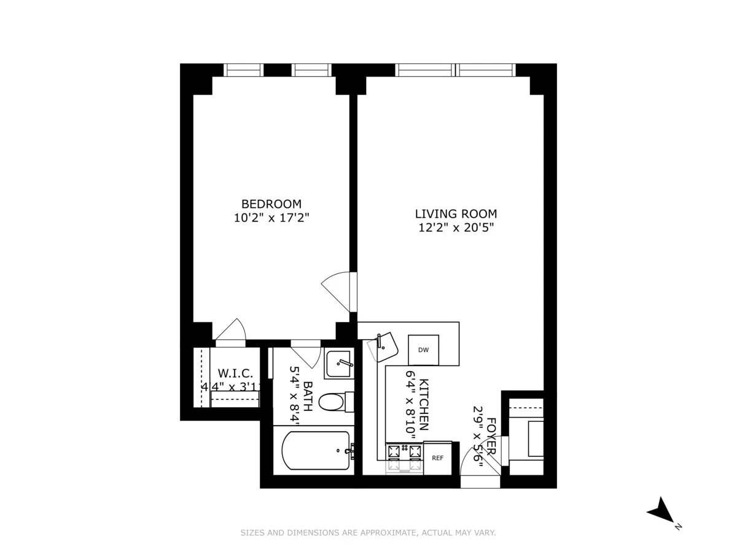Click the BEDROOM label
271,204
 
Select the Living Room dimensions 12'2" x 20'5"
455,228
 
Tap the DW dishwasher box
423,350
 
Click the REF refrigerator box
437,458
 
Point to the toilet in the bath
335,402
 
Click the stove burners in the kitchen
404,454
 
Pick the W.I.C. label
235,374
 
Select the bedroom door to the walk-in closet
232,331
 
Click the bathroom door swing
305,355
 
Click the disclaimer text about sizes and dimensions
368,533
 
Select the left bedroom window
244,70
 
